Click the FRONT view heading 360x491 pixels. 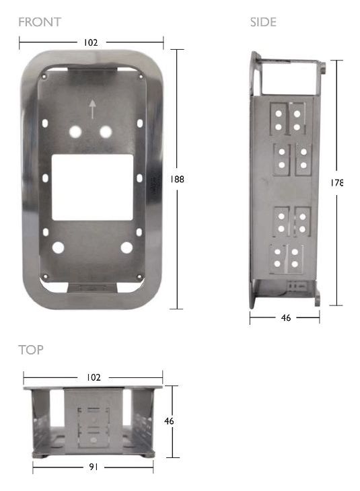click(40, 22)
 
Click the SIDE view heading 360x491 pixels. click(263, 22)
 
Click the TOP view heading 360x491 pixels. click(31, 350)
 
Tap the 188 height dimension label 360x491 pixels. click(178, 180)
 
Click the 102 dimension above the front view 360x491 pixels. click(90, 42)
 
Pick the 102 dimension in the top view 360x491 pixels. click(94, 377)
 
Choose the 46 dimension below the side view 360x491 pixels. click(286, 318)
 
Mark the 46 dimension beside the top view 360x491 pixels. click(170, 421)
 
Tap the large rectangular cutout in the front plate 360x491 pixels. click(92, 187)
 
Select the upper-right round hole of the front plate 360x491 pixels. click(106, 131)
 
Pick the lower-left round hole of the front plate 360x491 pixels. click(58, 248)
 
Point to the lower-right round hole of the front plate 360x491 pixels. click(127, 248)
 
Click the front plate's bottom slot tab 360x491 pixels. click(92, 287)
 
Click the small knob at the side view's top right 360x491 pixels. click(325, 67)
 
